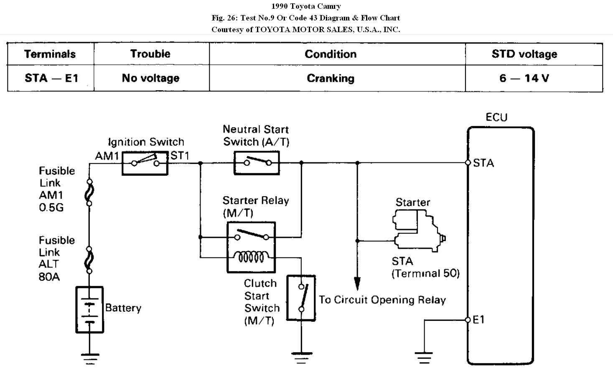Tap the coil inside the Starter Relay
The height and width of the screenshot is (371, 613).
click(251, 257)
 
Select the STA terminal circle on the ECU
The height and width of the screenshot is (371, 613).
click(468, 163)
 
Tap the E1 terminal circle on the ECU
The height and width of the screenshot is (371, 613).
click(468, 320)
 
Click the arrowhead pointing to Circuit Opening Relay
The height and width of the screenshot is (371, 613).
click(357, 283)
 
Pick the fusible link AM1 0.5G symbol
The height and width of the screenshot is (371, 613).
click(89, 192)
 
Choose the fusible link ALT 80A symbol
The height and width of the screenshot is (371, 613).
click(89, 260)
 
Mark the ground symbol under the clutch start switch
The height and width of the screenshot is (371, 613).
click(301, 358)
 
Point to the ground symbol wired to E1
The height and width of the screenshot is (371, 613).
click(424, 358)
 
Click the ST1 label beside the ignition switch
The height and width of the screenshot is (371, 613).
click(180, 156)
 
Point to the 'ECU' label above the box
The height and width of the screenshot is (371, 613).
click(496, 117)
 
